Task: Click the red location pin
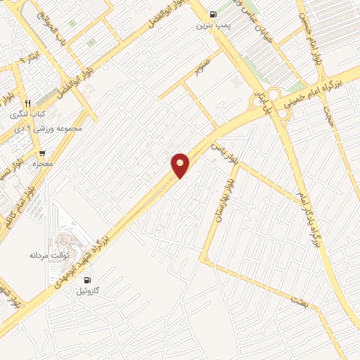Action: click(x=181, y=165)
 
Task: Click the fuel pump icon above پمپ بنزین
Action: click(x=213, y=13)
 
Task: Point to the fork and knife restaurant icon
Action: click(x=27, y=103)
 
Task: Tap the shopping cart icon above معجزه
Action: click(x=42, y=153)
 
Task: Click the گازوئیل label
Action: click(x=88, y=290)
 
